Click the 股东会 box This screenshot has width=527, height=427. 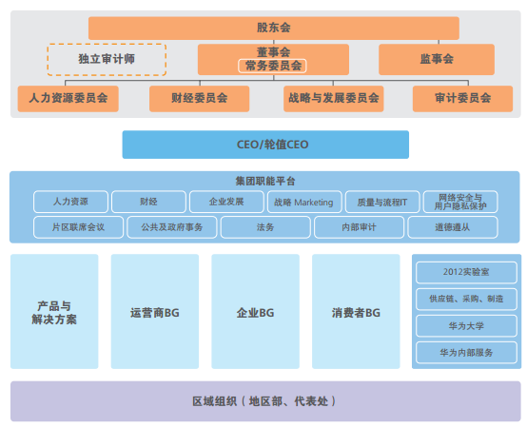[274, 28]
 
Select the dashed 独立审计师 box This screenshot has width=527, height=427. [107, 60]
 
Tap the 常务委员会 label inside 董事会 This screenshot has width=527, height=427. [272, 66]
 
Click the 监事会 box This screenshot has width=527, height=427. [437, 60]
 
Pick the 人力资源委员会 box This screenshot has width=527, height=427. [68, 99]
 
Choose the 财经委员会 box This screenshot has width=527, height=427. [200, 99]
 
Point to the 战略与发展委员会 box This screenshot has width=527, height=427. [333, 99]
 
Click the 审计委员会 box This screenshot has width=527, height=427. [463, 99]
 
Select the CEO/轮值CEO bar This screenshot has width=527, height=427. [265, 145]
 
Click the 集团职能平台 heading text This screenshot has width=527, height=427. [265, 182]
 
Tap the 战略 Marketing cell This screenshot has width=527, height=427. [304, 202]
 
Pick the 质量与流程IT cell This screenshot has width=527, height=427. [382, 202]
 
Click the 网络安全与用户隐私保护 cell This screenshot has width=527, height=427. [460, 202]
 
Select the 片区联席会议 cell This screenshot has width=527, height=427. [78, 227]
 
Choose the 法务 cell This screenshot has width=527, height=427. [265, 227]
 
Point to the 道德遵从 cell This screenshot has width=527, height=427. [453, 227]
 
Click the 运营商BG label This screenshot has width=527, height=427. [155, 313]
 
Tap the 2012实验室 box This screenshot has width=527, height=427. [466, 272]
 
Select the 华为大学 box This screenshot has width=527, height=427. [466, 326]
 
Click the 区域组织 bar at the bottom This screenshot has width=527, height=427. [265, 401]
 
